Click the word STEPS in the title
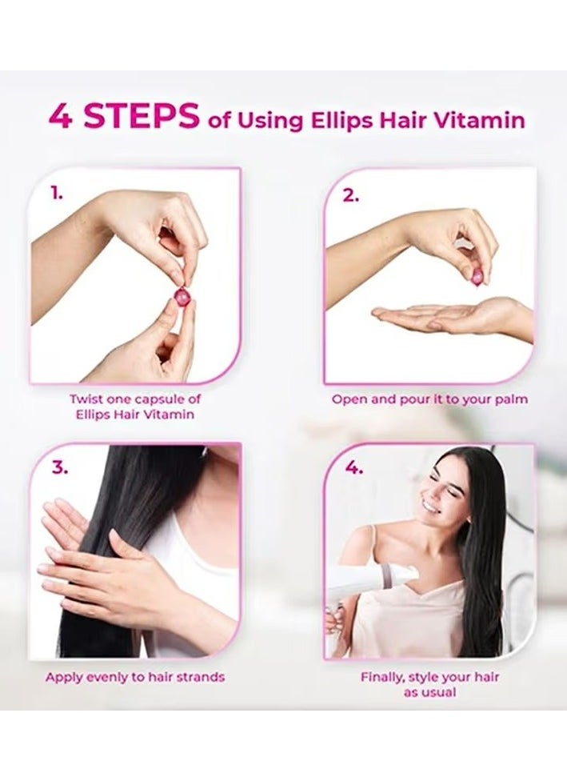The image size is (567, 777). pyautogui.click(x=142, y=116)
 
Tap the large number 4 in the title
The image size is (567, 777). pyautogui.click(x=61, y=116)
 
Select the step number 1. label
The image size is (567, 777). pyautogui.click(x=56, y=193)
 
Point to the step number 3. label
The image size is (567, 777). pyautogui.click(x=58, y=468)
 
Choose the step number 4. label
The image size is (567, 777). pyautogui.click(x=352, y=469)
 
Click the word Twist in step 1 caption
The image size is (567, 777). pyautogui.click(x=86, y=399)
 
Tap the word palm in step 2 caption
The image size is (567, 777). pyautogui.click(x=510, y=399)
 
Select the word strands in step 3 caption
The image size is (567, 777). pyautogui.click(x=200, y=677)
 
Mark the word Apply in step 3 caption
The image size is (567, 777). pyautogui.click(x=64, y=677)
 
